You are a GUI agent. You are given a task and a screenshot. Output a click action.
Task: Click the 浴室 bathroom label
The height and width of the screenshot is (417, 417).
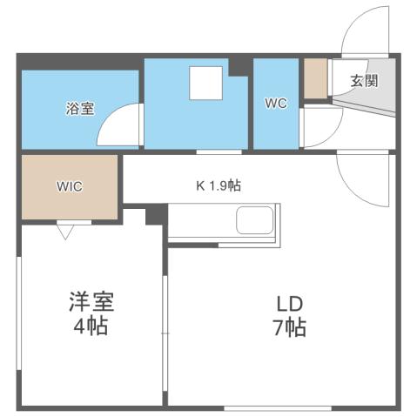coord(79,110)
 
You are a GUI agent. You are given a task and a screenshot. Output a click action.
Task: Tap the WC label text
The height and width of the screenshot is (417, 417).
coord(276,103)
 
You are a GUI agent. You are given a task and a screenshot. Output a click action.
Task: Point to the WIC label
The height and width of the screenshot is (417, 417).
coord(70,186)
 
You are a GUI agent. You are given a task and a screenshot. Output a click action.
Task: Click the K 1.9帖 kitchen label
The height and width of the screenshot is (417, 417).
coord(217,185)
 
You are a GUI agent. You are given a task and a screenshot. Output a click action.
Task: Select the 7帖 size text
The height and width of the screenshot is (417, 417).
coord(289,329)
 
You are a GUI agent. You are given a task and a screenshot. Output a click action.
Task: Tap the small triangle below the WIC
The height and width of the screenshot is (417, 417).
coord(65,231)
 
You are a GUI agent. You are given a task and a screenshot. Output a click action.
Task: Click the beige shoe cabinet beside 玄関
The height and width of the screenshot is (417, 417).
coord(314,79)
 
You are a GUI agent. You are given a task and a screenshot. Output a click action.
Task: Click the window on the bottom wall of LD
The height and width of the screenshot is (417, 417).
coord(278,407)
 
